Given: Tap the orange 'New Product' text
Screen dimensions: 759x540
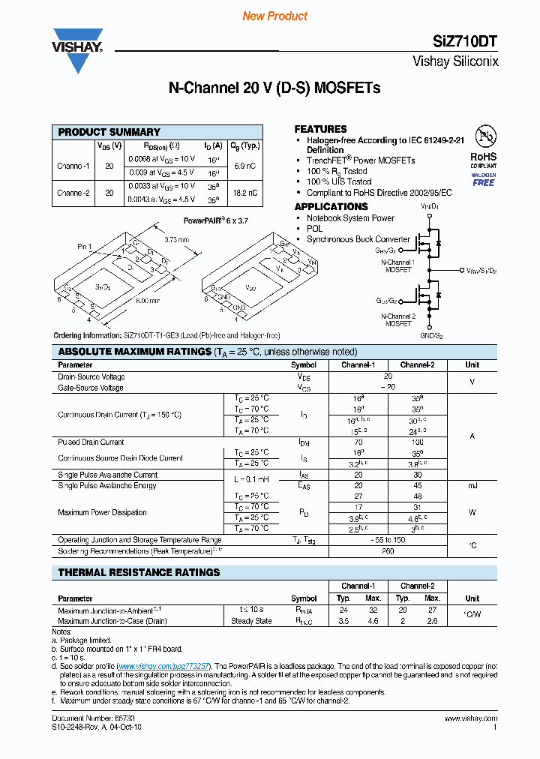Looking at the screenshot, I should pos(275,16).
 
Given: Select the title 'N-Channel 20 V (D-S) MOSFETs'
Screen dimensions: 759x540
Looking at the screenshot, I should pos(274,88).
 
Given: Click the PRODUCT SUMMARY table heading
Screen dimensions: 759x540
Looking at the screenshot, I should pos(109,132).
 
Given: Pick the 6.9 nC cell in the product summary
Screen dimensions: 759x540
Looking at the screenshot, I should pos(245,164).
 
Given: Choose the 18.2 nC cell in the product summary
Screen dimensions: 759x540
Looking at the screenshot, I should pos(245,193).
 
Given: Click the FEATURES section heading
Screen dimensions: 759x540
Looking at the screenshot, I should pos(320,129).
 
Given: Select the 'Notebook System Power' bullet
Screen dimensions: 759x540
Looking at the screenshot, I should pos(350,218).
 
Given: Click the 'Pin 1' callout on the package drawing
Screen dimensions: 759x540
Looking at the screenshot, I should pos(84,246).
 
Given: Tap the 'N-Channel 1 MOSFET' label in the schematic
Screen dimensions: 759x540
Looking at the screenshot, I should pos(398,266).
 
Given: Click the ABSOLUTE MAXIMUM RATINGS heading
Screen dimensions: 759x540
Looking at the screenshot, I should pos(135,352).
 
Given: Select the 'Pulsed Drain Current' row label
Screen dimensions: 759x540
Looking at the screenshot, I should pos(91,442).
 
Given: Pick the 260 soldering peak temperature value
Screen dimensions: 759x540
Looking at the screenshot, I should pos(388,551).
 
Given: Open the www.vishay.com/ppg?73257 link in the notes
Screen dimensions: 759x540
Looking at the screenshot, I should pos(164,666).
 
